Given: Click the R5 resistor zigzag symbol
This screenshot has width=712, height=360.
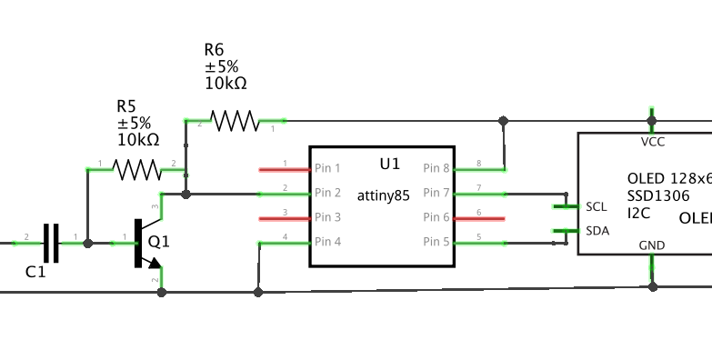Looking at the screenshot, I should pos(135,168).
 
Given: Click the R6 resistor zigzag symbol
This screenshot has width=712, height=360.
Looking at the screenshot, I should pos(234,120).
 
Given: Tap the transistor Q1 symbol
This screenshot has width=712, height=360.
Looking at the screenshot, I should pos(143,244).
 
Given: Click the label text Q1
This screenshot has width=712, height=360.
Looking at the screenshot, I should pos(159,243).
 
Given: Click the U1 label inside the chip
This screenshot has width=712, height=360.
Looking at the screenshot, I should pos(389,164).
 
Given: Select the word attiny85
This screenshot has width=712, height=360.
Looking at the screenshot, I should pos(383,195).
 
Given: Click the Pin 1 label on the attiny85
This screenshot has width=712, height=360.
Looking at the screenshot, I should pos(327,168).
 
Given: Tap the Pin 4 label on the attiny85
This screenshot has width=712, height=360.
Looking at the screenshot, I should pos(327,242).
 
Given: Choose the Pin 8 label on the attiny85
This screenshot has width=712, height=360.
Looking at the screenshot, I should pos(436,168).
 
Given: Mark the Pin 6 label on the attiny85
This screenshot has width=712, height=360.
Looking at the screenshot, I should pos(436,217).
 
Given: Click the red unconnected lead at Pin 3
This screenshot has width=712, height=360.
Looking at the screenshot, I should pos(284,218).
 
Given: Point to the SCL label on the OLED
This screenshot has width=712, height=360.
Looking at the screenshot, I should pos(597,206).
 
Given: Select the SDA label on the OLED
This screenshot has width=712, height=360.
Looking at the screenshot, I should pos(597,231).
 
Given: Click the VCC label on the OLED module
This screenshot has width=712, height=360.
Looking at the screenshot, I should pos(652,142).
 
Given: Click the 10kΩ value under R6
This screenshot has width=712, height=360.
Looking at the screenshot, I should pos(226,84).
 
